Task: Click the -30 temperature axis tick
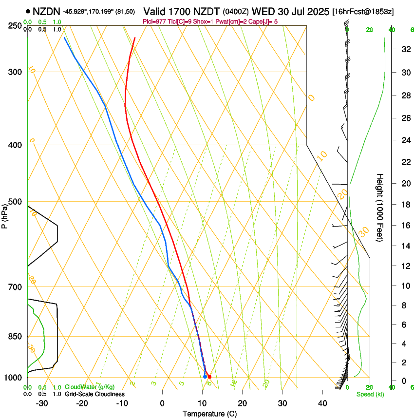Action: [x=42, y=403]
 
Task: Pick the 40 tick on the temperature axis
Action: [x=322, y=403]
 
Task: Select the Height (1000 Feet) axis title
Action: [x=379, y=207]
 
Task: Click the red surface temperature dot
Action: [x=209, y=377]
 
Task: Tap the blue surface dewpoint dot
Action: [x=205, y=377]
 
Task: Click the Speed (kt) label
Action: [x=370, y=394]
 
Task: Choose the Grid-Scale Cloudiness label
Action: [x=94, y=394]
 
